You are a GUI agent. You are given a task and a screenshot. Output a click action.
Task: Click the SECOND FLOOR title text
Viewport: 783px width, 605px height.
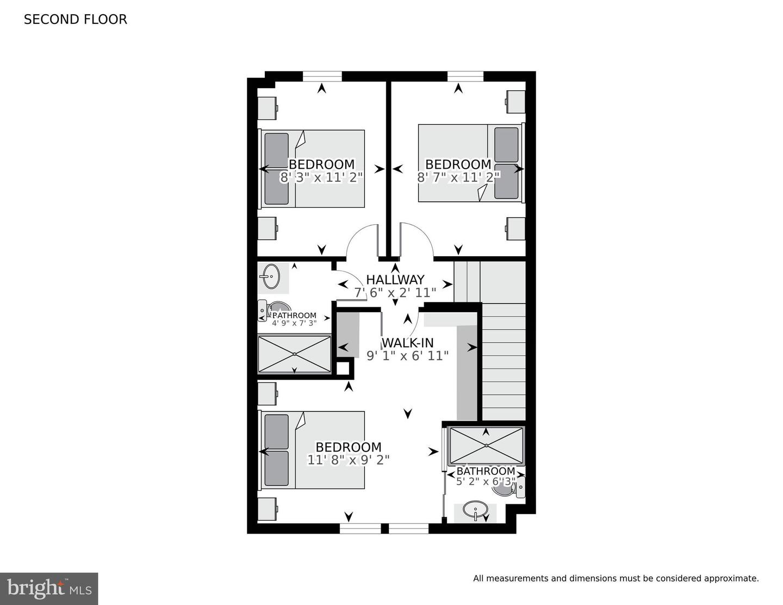tap(75, 20)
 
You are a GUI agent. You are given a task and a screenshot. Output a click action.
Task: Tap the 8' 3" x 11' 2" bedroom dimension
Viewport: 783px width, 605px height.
tap(321, 177)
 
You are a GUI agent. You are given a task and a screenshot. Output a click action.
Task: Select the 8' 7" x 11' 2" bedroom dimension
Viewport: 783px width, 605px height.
tap(458, 177)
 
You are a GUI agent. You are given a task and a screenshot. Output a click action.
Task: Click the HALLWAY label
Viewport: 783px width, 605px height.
tap(395, 280)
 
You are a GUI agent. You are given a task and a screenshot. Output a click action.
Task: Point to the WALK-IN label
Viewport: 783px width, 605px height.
tap(407, 343)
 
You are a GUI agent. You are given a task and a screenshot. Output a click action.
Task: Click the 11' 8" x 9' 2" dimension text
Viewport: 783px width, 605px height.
tap(349, 460)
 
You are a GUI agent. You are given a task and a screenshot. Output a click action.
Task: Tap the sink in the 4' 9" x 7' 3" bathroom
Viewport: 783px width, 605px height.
tap(270, 276)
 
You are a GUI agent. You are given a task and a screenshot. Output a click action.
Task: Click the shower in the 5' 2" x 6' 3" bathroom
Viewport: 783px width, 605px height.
tap(486, 446)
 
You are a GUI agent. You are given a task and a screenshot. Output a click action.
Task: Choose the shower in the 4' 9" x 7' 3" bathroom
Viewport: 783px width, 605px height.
tap(294, 354)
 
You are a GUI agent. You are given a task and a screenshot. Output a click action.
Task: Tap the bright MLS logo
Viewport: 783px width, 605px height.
tap(49, 589)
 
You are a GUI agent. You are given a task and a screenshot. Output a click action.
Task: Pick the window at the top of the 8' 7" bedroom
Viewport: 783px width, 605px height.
tap(465, 76)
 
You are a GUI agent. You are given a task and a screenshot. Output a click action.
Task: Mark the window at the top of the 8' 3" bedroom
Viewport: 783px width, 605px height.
tap(322, 76)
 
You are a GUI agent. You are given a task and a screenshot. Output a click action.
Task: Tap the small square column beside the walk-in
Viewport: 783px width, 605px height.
tap(343, 368)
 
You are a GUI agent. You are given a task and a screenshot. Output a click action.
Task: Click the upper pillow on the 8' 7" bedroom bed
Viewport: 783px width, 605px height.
tap(506, 145)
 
